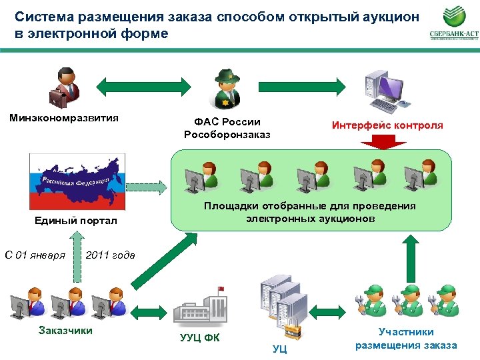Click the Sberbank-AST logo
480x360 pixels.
[453, 25]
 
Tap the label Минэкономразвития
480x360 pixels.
[64, 118]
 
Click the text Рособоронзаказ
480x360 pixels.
[227, 135]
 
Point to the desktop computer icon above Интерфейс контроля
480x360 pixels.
[384, 91]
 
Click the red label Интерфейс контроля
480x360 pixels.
[387, 125]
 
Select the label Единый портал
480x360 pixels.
[75, 221]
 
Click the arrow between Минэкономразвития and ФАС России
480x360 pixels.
[145, 86]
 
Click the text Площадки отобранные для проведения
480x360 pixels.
[309, 206]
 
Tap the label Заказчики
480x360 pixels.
[66, 330]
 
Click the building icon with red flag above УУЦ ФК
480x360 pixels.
[199, 306]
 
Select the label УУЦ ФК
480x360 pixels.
[200, 337]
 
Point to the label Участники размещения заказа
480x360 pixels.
[406, 339]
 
